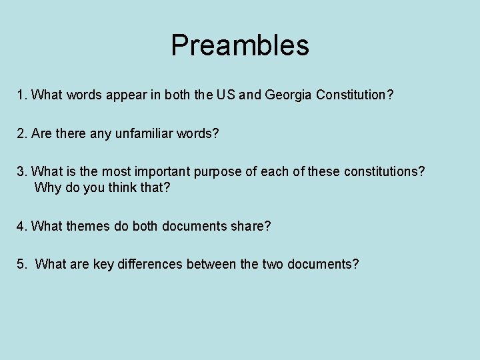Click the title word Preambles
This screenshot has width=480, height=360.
(x=240, y=46)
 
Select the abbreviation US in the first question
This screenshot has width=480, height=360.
(x=223, y=95)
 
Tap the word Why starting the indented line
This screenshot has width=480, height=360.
(x=46, y=187)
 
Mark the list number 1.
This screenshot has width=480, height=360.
(x=21, y=95)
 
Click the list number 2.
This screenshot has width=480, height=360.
(x=21, y=134)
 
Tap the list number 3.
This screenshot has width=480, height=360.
(x=21, y=171)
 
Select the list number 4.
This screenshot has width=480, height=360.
(x=21, y=226)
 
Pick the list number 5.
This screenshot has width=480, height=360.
(x=21, y=265)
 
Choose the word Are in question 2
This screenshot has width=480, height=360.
(x=42, y=134)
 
